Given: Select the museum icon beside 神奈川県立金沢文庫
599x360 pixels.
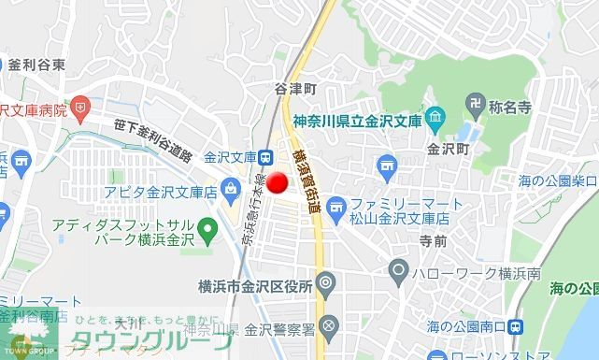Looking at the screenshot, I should pyautogui.click(x=435, y=119).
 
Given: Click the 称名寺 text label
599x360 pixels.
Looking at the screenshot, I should pyautogui.click(x=510, y=107).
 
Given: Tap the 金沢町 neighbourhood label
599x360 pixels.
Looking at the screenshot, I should pyautogui.click(x=446, y=148).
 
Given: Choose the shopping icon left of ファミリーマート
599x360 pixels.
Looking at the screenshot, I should pyautogui.click(x=335, y=204).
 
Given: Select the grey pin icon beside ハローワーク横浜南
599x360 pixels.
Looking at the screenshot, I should pyautogui.click(x=399, y=273).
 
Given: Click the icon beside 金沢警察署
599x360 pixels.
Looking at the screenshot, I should pyautogui.click(x=327, y=327).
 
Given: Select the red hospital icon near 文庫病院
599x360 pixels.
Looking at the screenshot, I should pyautogui.click(x=82, y=108).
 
